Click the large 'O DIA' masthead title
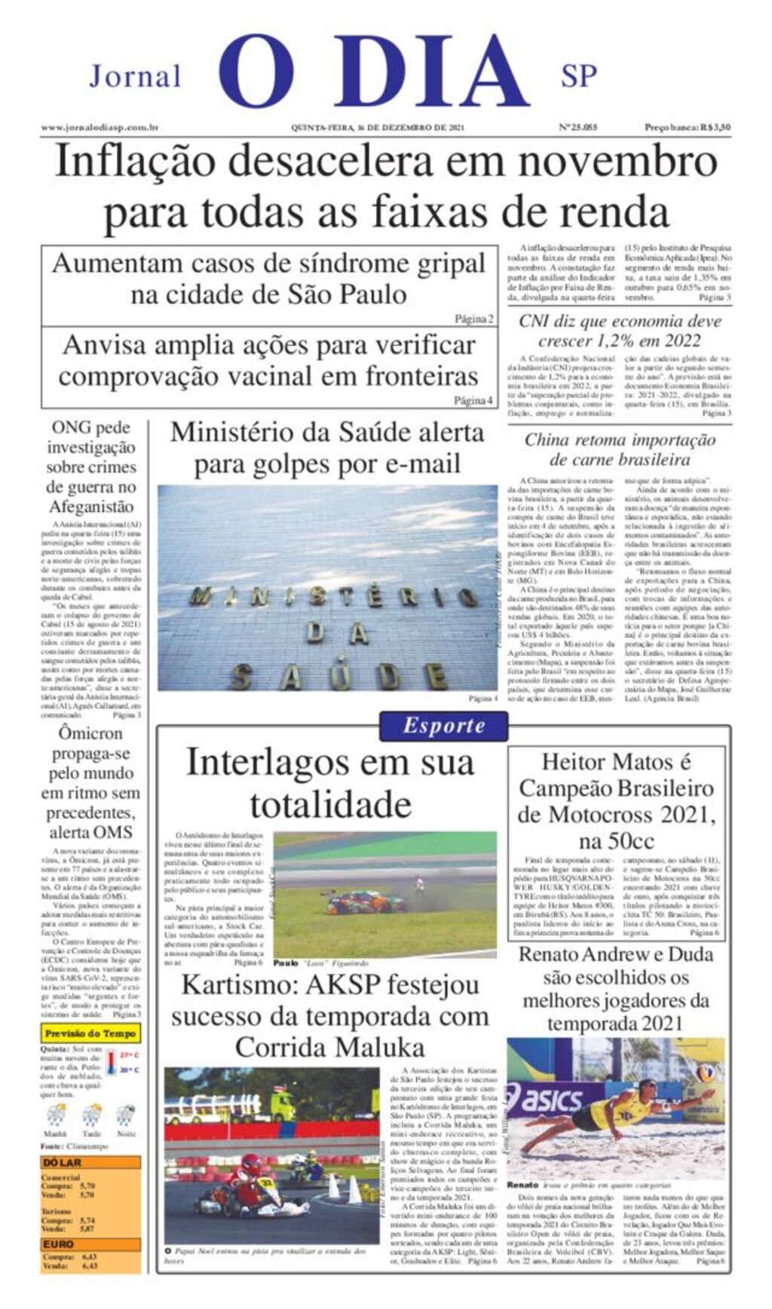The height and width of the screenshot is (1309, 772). pyautogui.click(x=373, y=72)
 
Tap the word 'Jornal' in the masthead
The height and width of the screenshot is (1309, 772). pyautogui.click(x=136, y=76)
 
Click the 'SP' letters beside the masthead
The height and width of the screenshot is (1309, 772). pyautogui.click(x=578, y=76)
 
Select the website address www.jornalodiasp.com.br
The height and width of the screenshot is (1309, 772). pyautogui.click(x=100, y=127)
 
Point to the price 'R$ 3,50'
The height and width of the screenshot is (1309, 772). pyautogui.click(x=715, y=127)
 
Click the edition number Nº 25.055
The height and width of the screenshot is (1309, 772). pyautogui.click(x=578, y=127)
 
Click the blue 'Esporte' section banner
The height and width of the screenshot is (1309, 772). pyautogui.click(x=443, y=726)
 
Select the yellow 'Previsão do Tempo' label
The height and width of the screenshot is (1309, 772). pyautogui.click(x=90, y=1033)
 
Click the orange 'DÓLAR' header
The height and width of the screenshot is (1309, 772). pyautogui.click(x=63, y=1162)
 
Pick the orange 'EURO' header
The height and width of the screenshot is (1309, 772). pyautogui.click(x=59, y=1243)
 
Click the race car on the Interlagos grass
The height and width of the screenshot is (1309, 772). pyautogui.click(x=355, y=901)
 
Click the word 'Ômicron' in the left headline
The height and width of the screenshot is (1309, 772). pyautogui.click(x=90, y=733)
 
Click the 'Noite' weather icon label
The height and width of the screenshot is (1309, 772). pyautogui.click(x=126, y=1134)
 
